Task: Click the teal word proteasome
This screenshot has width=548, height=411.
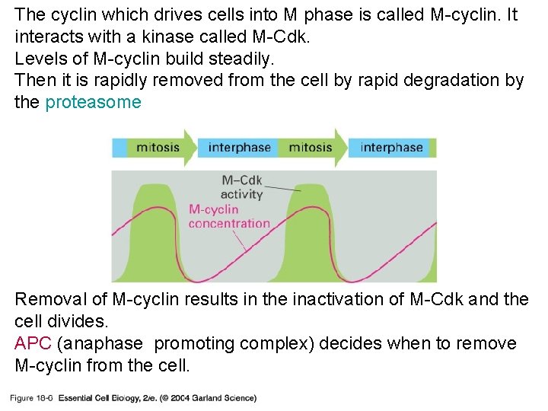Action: point(93,102)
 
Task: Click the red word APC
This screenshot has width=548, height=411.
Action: point(31,344)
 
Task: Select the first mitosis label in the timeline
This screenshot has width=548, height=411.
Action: point(158,147)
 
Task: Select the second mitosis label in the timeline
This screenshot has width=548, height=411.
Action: point(311,147)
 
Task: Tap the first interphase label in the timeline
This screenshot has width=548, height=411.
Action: point(239,147)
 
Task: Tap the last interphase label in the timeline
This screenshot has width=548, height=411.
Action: point(391,147)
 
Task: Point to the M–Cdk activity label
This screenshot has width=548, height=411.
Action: point(241,187)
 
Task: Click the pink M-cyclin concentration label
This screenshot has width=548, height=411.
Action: point(228,216)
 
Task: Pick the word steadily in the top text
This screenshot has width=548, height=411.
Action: point(244,59)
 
